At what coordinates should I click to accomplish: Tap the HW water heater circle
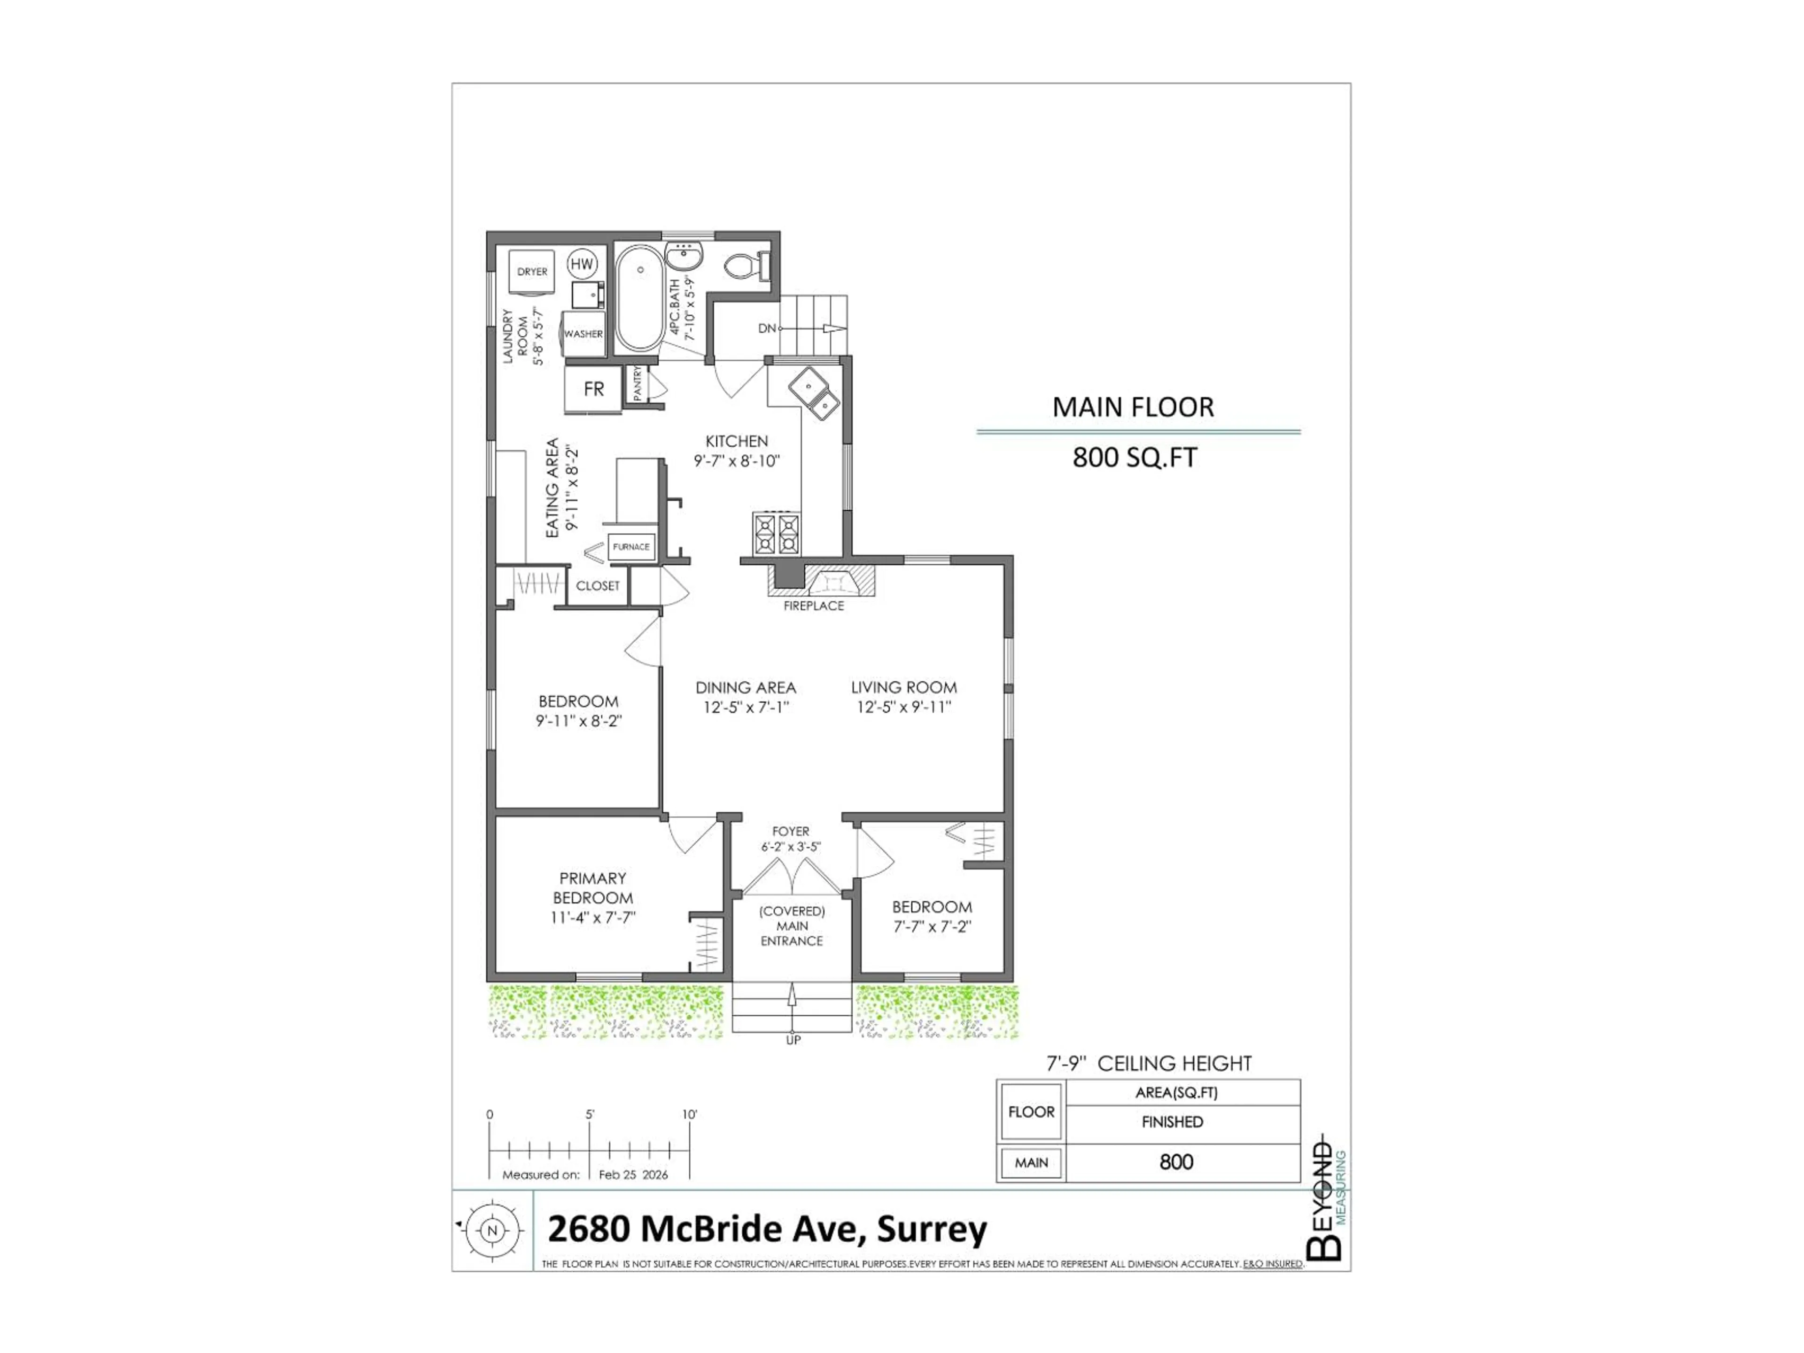pyautogui.click(x=582, y=264)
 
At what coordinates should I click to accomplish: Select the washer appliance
pyautogui.click(x=583, y=334)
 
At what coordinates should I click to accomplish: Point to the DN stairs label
pyautogui.click(x=767, y=329)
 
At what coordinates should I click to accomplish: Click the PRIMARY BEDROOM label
pyautogui.click(x=593, y=888)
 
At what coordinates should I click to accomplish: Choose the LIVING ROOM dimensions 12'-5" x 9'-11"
pyautogui.click(x=903, y=707)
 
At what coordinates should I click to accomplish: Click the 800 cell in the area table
pyautogui.click(x=1176, y=1162)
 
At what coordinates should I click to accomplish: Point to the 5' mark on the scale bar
pyautogui.click(x=590, y=1115)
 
